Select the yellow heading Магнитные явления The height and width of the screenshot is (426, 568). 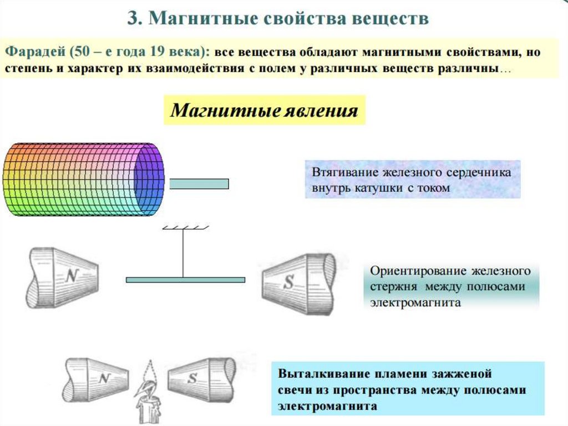tap(264, 110)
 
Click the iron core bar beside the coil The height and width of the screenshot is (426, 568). tap(199, 184)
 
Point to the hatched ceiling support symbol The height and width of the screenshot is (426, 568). tap(185, 227)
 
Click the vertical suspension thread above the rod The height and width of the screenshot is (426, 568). tap(183, 253)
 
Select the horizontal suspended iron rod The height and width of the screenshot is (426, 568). tap(185, 280)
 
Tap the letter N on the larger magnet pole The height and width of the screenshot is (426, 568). tap(71, 276)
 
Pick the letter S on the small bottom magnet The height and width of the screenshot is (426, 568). tap(193, 379)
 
